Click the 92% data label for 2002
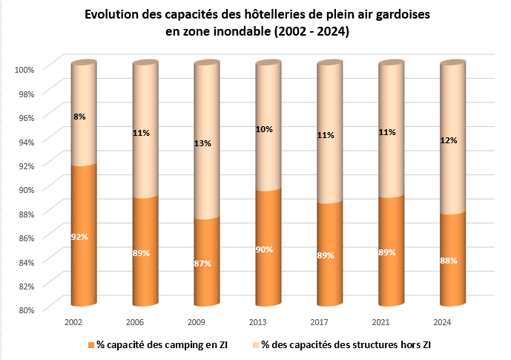[x=79, y=237]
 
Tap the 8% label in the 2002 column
[x=79, y=117]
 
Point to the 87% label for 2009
[x=202, y=264]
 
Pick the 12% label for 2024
[x=448, y=140]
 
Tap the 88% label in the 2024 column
[x=448, y=261]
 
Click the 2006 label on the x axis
[x=134, y=322]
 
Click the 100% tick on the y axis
[x=26, y=70]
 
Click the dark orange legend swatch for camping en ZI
[x=91, y=346]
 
